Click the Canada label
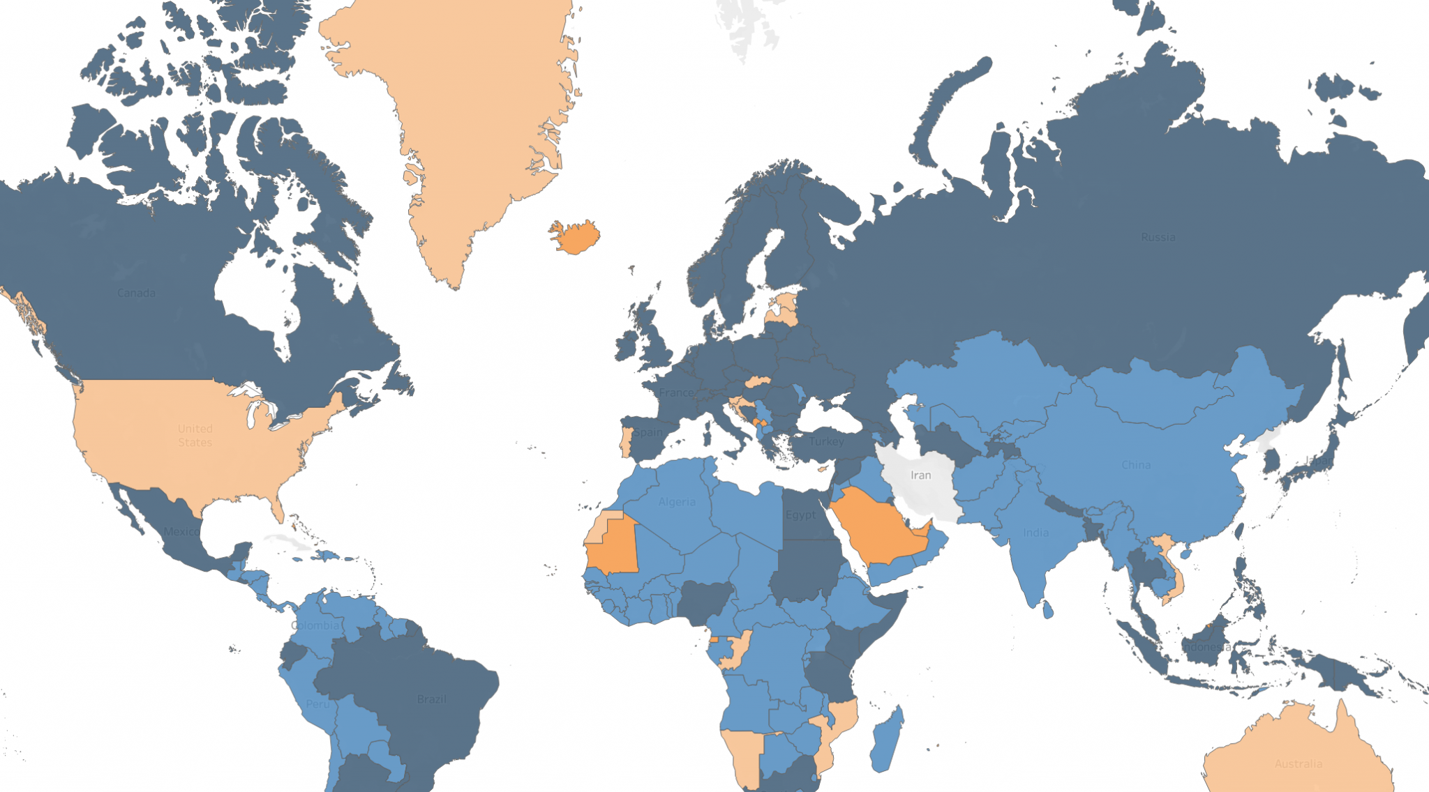(136, 293)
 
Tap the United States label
(195, 436)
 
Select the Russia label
(1158, 237)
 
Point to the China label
(1136, 465)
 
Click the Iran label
(920, 475)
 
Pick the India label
(1035, 533)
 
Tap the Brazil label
(431, 699)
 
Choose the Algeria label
(677, 502)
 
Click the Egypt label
(800, 515)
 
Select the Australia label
(1298, 764)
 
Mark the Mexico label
(181, 532)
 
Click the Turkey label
(827, 441)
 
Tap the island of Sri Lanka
(1047, 610)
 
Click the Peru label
(317, 704)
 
